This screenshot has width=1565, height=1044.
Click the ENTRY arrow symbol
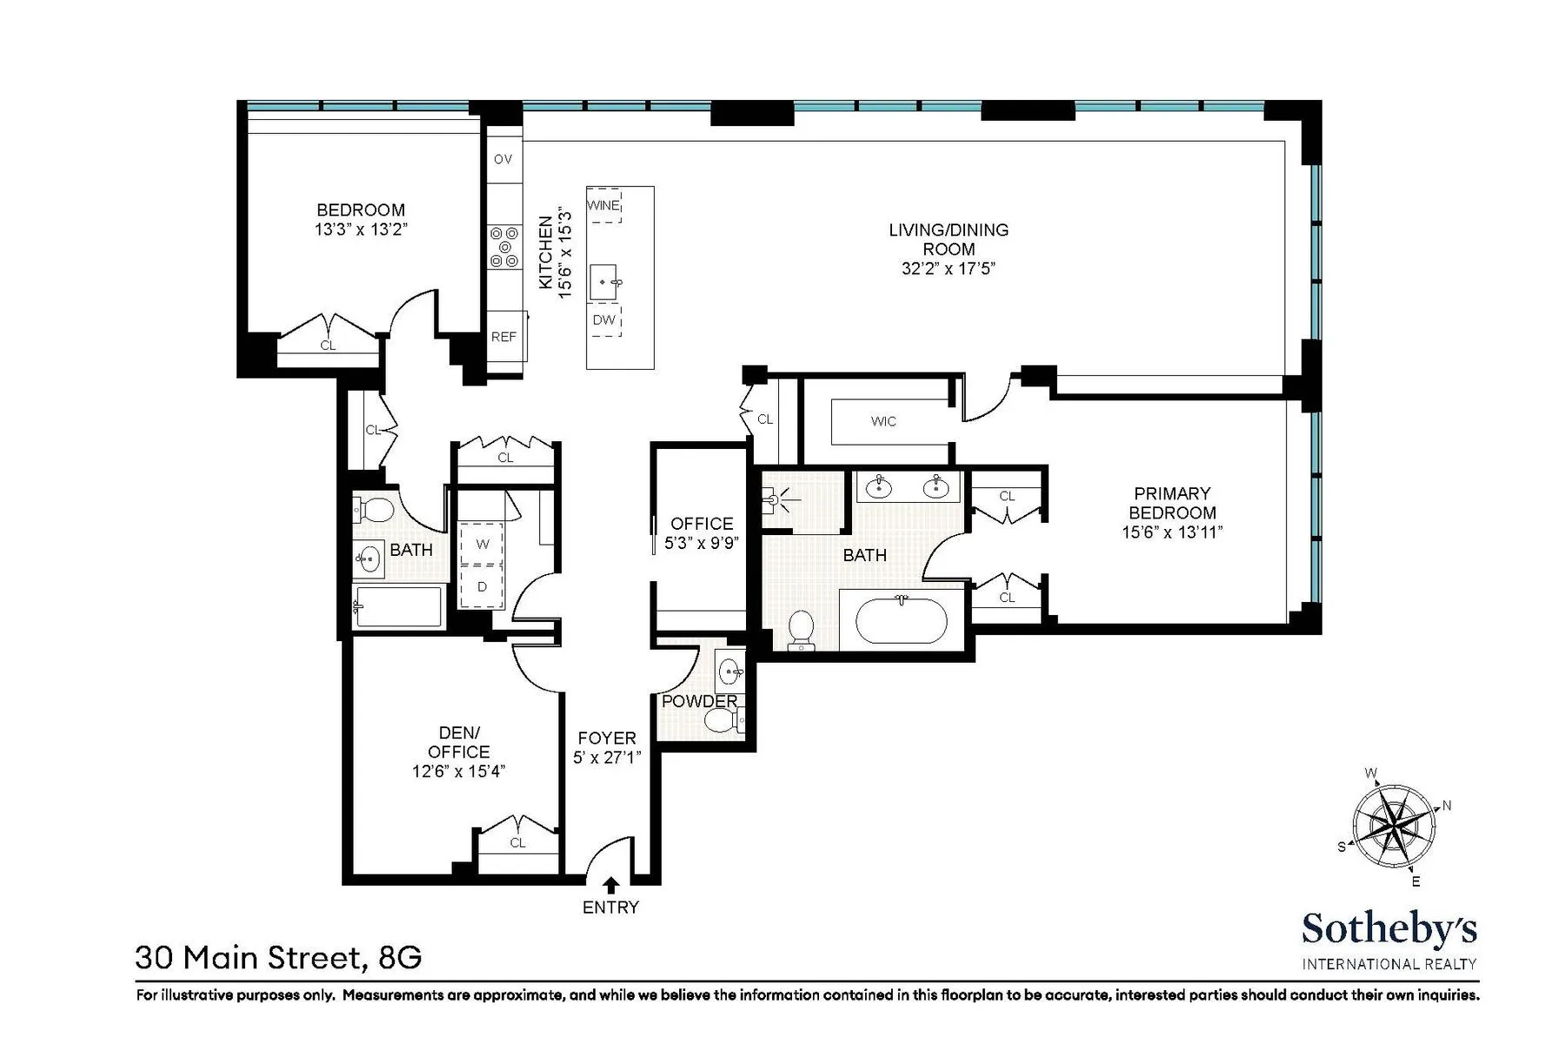click(x=610, y=886)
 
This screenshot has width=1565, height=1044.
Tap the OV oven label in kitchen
click(x=503, y=159)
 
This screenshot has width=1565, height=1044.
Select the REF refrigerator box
click(x=504, y=336)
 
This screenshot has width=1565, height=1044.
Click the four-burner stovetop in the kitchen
click(x=504, y=246)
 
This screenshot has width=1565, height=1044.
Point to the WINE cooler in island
click(x=604, y=205)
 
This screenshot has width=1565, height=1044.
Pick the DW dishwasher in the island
click(x=604, y=320)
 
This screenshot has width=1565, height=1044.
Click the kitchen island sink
click(x=605, y=282)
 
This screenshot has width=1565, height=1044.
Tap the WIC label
click(x=883, y=421)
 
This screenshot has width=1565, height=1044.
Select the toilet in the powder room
click(x=720, y=719)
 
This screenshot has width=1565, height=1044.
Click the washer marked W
click(x=483, y=544)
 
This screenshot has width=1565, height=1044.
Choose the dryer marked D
click(x=483, y=586)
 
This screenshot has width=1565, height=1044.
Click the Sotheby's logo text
click(x=1389, y=929)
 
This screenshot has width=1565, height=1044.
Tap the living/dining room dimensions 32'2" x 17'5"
click(x=948, y=269)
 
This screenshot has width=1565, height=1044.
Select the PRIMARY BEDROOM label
click(x=1172, y=503)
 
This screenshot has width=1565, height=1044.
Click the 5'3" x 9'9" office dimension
click(x=702, y=543)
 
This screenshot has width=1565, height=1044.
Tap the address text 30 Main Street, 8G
click(x=278, y=958)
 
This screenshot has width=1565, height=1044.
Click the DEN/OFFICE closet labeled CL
click(x=518, y=842)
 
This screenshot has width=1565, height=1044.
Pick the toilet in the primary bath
click(x=800, y=629)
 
